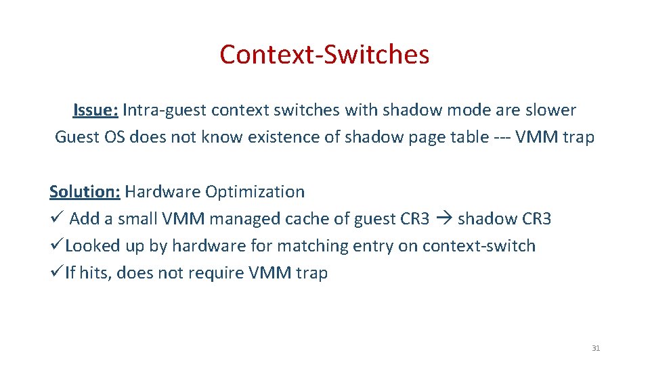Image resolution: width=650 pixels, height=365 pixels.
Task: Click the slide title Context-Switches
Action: pyautogui.click(x=324, y=54)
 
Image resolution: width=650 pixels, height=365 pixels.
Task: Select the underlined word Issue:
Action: pyautogui.click(x=95, y=110)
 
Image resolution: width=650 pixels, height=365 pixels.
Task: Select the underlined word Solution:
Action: pyautogui.click(x=85, y=191)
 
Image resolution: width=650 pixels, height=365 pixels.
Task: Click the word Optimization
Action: pyautogui.click(x=255, y=191)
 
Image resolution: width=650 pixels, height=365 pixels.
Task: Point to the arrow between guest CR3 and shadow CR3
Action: pyautogui.click(x=443, y=218)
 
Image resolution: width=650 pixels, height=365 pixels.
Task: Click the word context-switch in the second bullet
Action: pyautogui.click(x=479, y=246)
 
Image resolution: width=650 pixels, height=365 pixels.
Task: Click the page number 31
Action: pyautogui.click(x=596, y=348)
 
